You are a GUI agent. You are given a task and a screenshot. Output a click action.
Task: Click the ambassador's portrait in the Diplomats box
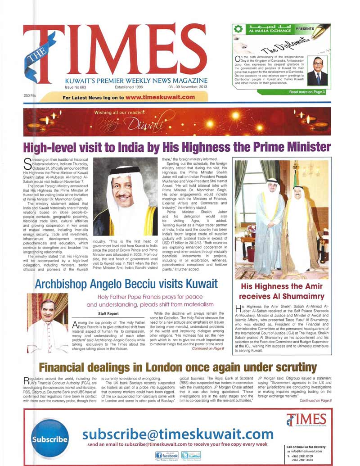pyautogui.click(x=318, y=71)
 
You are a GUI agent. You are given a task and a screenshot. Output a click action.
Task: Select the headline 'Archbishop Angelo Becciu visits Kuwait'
pyautogui.click(x=121, y=284)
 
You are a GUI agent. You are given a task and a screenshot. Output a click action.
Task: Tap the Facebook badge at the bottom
pyautogui.click(x=167, y=455)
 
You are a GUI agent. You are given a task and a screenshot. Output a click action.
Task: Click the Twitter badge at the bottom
pyautogui.click(x=192, y=455)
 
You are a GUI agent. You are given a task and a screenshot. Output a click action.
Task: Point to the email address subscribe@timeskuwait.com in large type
pyautogui.click(x=178, y=434)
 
